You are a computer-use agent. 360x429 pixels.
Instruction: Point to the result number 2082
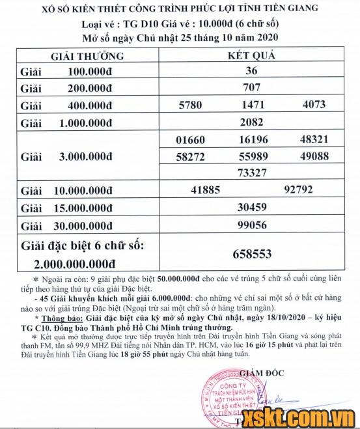pyautogui.click(x=251, y=122)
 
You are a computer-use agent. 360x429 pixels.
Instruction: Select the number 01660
pyautogui.click(x=190, y=139)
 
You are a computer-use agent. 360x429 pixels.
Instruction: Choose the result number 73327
pyautogui.click(x=251, y=173)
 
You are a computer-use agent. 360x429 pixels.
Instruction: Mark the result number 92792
pyautogui.click(x=299, y=191)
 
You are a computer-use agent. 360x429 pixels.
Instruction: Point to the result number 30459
pyautogui.click(x=251, y=208)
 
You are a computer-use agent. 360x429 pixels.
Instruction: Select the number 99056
pyautogui.click(x=251, y=225)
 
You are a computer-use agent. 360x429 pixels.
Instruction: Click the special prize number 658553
pyautogui.click(x=251, y=254)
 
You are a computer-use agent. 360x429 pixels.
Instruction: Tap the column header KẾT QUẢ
pyautogui.click(x=251, y=55)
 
